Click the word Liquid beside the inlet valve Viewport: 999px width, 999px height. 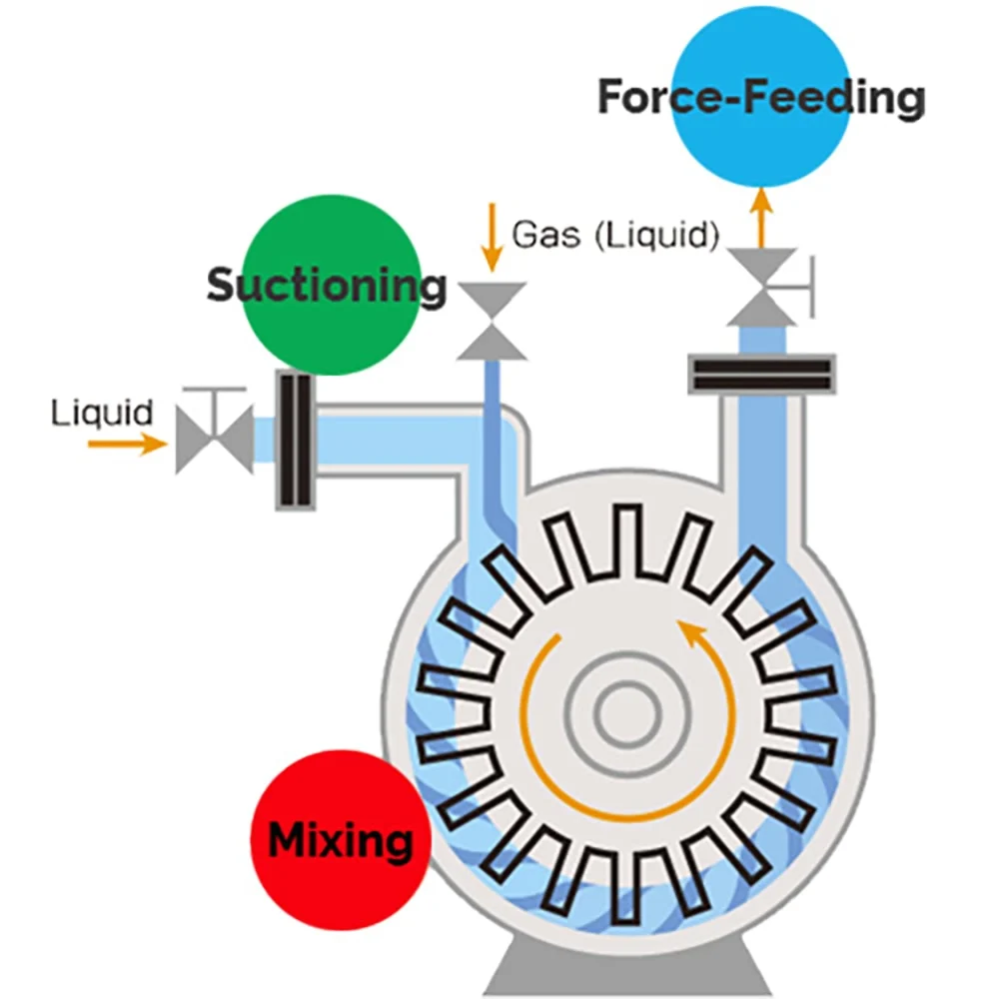coord(102,412)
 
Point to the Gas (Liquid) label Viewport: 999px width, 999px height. coord(615,236)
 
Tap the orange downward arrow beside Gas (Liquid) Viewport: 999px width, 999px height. coord(491,238)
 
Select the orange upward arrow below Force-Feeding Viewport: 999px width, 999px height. coord(761,213)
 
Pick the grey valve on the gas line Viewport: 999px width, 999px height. coord(492,320)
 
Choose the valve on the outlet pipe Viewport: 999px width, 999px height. coord(761,287)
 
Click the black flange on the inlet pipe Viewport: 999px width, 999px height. coord(296,440)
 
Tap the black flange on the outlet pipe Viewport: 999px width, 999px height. coord(761,373)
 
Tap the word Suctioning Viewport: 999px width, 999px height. coord(326,286)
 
